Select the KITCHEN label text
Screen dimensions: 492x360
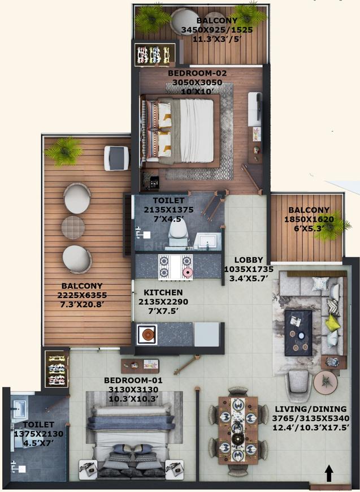(x=163, y=292)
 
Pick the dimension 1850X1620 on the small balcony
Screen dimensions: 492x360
(x=309, y=220)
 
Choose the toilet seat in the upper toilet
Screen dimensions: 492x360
(x=179, y=231)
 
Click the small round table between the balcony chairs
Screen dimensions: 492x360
(x=73, y=227)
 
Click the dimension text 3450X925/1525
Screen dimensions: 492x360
(x=201, y=30)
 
